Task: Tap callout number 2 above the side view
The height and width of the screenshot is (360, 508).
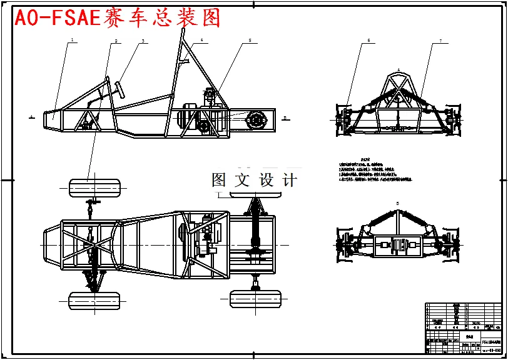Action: pos(116,41)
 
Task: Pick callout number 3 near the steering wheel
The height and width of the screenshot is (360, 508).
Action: pos(143,41)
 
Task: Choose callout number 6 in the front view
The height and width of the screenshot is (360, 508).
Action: pos(368,41)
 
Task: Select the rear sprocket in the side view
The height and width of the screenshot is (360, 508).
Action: pos(256,120)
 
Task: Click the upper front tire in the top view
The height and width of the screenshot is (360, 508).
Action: pos(96,187)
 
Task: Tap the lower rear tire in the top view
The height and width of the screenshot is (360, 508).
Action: pos(255,299)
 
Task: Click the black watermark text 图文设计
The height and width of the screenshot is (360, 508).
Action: pos(254,181)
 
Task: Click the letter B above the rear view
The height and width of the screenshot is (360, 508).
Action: pos(398,204)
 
